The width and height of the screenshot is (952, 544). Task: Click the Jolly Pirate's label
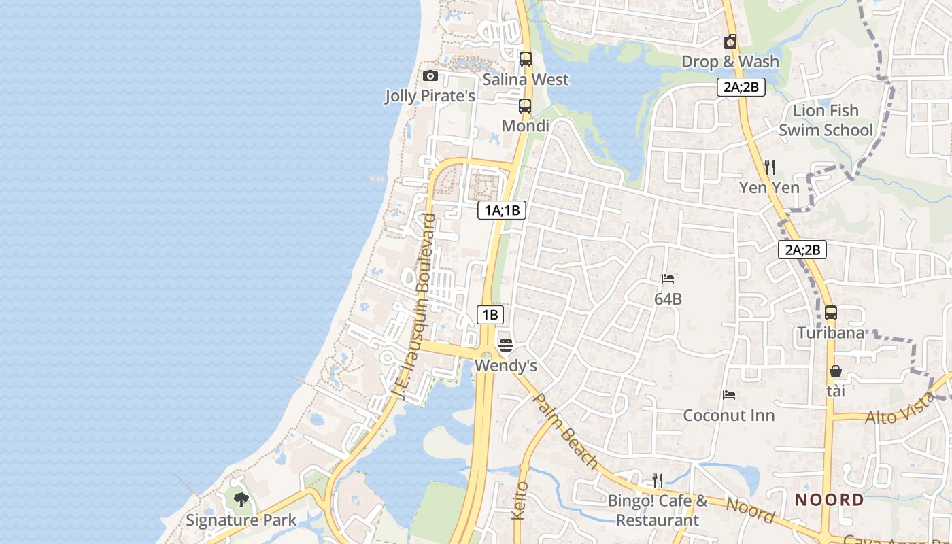coord(430,96)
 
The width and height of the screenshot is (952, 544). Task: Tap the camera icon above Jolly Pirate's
coord(430,75)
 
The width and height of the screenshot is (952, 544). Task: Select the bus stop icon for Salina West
coord(525,59)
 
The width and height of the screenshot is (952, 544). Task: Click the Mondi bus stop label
coord(525,126)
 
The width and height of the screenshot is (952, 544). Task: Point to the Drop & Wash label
coord(730,62)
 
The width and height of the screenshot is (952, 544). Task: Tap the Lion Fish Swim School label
coord(826,120)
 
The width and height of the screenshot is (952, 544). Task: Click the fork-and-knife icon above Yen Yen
coord(770,167)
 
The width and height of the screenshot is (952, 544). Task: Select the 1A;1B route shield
coord(502,210)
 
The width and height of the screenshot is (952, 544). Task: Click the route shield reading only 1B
coord(490,314)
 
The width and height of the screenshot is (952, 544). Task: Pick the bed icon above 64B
coord(668,279)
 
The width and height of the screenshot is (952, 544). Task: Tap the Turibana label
coord(831,333)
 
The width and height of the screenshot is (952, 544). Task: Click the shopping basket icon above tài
coord(836,371)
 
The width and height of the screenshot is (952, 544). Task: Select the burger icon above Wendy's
coord(505,345)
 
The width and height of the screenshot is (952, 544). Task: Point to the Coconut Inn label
coord(729,415)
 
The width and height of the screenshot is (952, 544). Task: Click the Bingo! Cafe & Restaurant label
coord(658,511)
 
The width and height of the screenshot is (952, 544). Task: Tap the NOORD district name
coord(830,500)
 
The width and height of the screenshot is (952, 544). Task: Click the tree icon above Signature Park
coord(241,500)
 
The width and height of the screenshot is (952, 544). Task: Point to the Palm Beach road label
coord(566,431)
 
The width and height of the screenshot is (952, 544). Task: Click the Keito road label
coord(520,501)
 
